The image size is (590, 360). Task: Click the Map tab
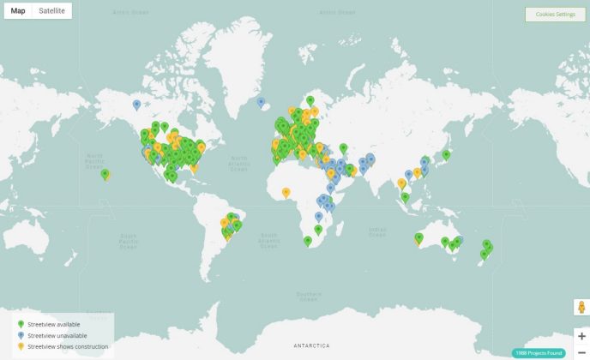pos(18,10)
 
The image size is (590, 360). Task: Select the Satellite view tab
pos(51,10)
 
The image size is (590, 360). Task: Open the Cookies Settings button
pos(555,15)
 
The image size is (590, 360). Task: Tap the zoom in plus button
pos(581,336)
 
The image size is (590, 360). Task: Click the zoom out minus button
pos(581,352)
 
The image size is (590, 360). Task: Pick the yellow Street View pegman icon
pos(581,308)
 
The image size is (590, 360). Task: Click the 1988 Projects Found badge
pos(539,353)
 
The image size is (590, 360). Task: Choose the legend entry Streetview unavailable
pos(56,336)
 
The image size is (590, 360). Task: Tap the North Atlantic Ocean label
pos(238,163)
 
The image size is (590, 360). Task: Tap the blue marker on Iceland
pos(261,101)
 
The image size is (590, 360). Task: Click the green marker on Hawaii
pos(105,174)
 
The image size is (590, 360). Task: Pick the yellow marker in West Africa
pos(286,192)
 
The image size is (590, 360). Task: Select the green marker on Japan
pos(446,154)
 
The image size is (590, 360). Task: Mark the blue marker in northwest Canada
pos(136,105)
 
